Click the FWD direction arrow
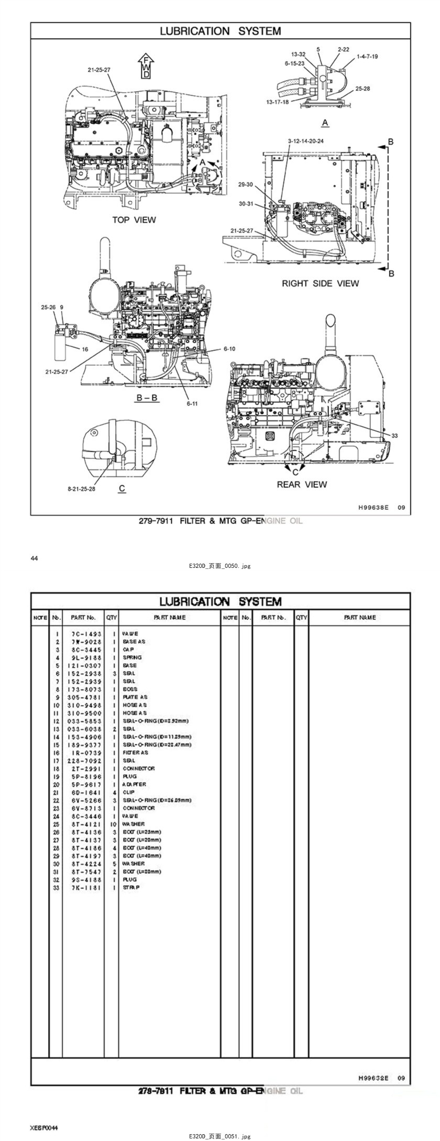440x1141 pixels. coord(147,66)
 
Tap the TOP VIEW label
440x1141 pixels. coord(134,220)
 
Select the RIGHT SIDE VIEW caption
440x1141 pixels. coord(320,283)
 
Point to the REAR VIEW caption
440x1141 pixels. coord(302,484)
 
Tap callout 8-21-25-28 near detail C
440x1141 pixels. coord(81,489)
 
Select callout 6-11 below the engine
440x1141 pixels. coord(192,403)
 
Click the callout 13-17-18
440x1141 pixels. coord(277,102)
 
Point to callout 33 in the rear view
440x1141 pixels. coord(394,435)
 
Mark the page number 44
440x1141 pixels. coord(35,558)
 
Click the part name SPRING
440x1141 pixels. coord(132,657)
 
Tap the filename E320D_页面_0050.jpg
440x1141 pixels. coord(220,566)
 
